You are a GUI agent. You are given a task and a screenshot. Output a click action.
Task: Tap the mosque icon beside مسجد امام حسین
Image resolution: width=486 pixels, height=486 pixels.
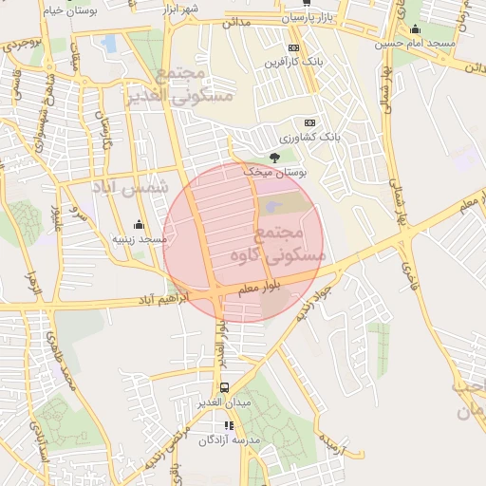pos(416,29)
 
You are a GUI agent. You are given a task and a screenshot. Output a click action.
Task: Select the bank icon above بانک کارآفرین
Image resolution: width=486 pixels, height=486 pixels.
pos(293,47)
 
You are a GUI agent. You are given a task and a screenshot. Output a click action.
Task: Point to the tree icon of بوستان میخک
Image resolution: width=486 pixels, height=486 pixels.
pos(275,158)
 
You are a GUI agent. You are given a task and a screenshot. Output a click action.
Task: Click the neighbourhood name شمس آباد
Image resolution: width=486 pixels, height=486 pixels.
pos(129,188)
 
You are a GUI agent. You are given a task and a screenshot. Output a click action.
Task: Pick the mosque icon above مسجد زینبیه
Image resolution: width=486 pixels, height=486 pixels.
pos(140,225)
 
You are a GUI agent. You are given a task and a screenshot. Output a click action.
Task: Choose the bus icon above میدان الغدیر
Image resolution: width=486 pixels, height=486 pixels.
pos(225,387)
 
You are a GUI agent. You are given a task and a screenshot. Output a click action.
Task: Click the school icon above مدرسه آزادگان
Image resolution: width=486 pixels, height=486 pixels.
pos(228,425)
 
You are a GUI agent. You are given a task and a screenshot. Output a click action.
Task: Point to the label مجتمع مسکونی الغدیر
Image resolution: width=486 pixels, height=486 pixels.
pos(192,84)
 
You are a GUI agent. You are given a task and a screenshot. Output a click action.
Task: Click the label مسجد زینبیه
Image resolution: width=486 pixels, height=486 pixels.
pos(139,240)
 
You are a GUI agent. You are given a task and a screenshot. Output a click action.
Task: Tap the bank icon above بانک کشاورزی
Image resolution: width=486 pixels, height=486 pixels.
pos(309,122)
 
